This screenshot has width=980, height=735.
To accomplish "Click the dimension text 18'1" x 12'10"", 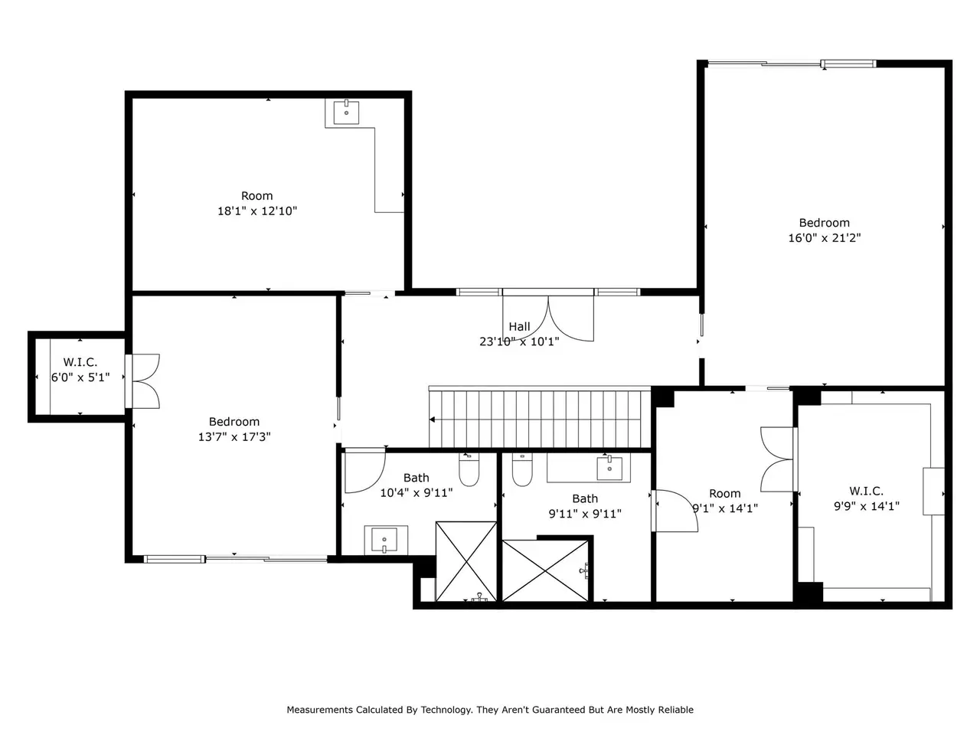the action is coord(256,211).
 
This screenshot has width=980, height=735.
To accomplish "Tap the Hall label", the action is coord(519,327).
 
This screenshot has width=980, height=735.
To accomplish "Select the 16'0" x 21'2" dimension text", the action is coord(824,238).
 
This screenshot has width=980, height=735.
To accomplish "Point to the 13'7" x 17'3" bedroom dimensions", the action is coord(234,437).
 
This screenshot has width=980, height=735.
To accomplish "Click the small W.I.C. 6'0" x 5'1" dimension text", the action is coord(80,377).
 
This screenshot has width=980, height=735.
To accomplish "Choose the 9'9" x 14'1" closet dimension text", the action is coord(866,506).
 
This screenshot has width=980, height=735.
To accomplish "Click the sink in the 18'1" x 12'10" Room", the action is coord(346,112).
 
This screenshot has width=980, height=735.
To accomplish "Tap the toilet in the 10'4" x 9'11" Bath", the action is coord(469,469).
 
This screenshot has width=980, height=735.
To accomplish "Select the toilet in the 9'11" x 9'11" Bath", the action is coord(522,469).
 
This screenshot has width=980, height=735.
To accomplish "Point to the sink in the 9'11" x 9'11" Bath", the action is coord(609,468).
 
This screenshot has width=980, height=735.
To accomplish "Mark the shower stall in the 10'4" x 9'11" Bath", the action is coord(466,561).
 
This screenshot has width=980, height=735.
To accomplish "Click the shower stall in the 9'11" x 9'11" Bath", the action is coord(545,571).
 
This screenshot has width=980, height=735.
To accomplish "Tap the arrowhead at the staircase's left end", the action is coord(432,420).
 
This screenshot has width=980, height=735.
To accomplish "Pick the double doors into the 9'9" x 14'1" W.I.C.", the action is coord(778,459).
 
